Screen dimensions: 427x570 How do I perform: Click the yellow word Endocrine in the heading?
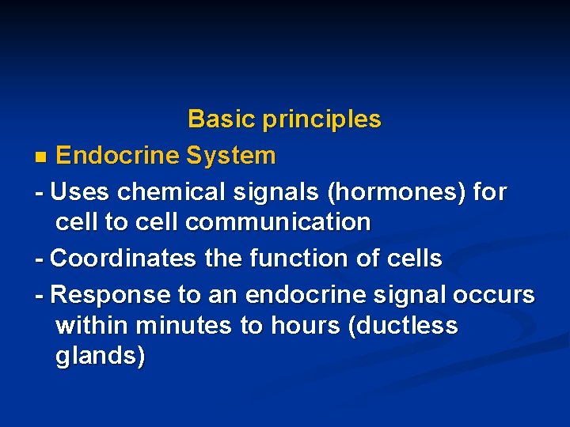click(118, 156)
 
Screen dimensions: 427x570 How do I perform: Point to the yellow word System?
click(230, 156)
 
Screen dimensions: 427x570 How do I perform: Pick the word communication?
click(278, 222)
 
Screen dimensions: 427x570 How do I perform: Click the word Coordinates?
click(124, 259)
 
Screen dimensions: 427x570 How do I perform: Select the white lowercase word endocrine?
click(305, 295)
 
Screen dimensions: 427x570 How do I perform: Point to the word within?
click(93, 325)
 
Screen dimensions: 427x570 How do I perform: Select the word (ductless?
click(402, 326)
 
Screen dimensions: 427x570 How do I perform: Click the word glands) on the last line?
click(101, 357)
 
